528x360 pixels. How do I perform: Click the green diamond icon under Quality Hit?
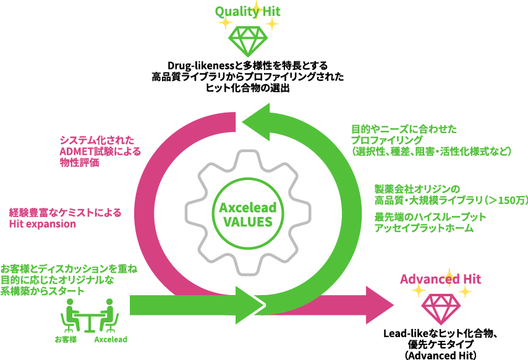tap(247, 40)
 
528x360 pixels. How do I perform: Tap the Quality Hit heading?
tap(247, 11)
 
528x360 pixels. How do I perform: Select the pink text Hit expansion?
tap(43, 224)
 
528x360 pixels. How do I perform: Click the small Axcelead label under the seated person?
tap(111, 340)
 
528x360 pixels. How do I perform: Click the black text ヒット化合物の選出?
tap(247, 88)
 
